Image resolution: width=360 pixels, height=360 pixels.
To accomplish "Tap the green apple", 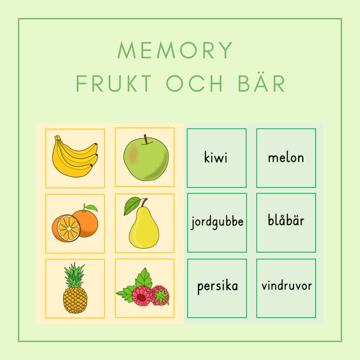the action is coord(146,158).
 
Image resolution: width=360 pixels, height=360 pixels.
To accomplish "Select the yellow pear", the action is coord(144,227).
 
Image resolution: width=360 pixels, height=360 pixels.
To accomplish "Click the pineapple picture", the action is coord(75,288).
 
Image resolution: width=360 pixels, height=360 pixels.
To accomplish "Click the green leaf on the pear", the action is coord(132,205).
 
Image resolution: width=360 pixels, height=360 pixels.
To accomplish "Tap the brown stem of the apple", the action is coord(146,139).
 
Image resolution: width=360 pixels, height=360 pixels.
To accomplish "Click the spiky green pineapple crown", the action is coord(74,275).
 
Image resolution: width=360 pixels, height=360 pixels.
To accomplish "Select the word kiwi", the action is coord(216,157).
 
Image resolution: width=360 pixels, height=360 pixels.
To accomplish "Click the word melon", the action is coord(286,158).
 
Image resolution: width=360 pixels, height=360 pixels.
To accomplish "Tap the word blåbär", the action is coord(286,220).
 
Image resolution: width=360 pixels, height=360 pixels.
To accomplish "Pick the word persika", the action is coord(217,287).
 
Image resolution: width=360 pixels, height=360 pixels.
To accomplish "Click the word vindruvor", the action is coord(287,286).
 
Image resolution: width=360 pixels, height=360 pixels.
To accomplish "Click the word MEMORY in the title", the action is coord(175,50).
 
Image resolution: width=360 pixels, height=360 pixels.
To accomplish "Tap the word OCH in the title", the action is coord(194,84).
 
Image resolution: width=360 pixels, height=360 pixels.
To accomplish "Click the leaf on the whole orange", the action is coord(91,208).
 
